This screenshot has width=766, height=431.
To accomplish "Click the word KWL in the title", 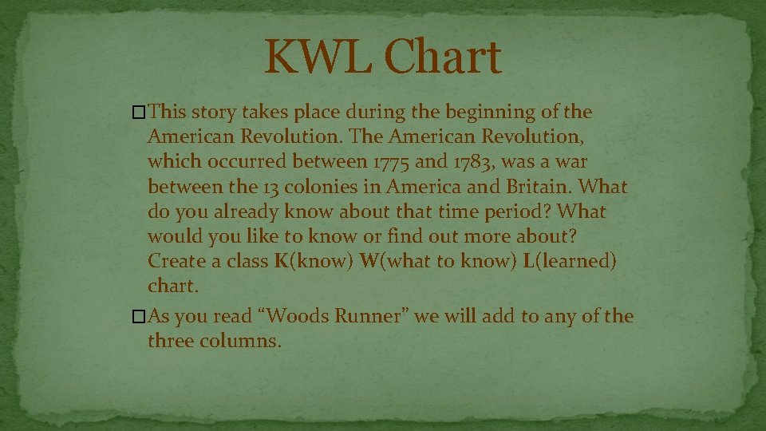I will point(317,57).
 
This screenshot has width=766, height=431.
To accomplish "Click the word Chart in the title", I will point(442,57).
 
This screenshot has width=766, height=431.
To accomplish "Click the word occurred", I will point(248,161).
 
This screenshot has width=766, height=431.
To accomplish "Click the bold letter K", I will point(281,263).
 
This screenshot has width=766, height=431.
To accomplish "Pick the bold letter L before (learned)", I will point(528,263).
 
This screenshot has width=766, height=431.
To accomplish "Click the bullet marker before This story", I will point(140,112).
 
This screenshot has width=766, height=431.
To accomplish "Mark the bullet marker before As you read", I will point(140,317).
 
